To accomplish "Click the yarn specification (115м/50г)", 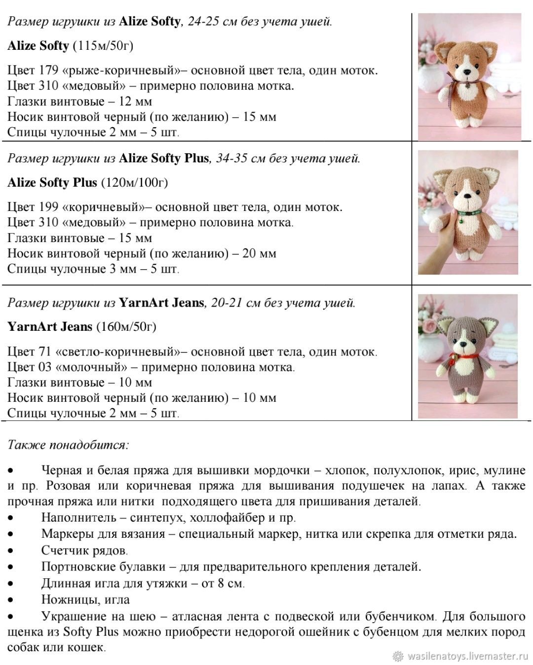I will click(x=103, y=46).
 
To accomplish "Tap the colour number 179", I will click(x=48, y=70).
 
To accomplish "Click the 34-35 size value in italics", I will click(x=231, y=158).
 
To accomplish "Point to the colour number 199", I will click(x=48, y=207).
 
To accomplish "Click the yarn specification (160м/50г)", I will click(x=126, y=326).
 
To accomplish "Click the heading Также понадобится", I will click(x=68, y=445).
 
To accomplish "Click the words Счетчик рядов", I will click(x=84, y=550).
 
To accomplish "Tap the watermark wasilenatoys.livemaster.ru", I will click(x=468, y=656).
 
